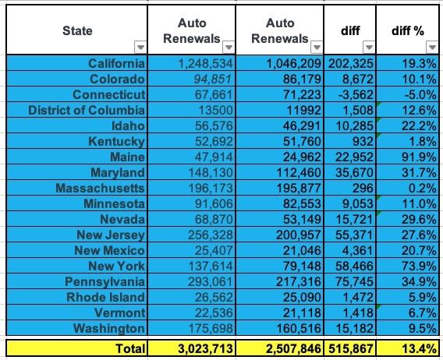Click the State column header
tap(77, 30)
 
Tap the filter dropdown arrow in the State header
tap(140, 47)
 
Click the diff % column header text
tap(408, 30)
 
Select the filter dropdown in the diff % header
tap(432, 47)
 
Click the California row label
tap(116, 63)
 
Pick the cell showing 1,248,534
tap(205, 63)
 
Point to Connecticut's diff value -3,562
tap(356, 94)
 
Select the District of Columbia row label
tap(87, 110)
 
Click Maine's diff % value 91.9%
tap(419, 157)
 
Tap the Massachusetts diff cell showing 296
tap(363, 188)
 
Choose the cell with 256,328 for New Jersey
tap(211, 235)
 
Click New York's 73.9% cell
tap(419, 266)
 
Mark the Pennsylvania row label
tap(105, 281)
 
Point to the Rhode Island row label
tap(105, 297)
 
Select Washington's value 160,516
tap(299, 328)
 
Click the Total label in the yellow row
tap(130, 348)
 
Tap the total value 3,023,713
tap(205, 349)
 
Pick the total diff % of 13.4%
tap(419, 349)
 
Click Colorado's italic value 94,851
tap(213, 79)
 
